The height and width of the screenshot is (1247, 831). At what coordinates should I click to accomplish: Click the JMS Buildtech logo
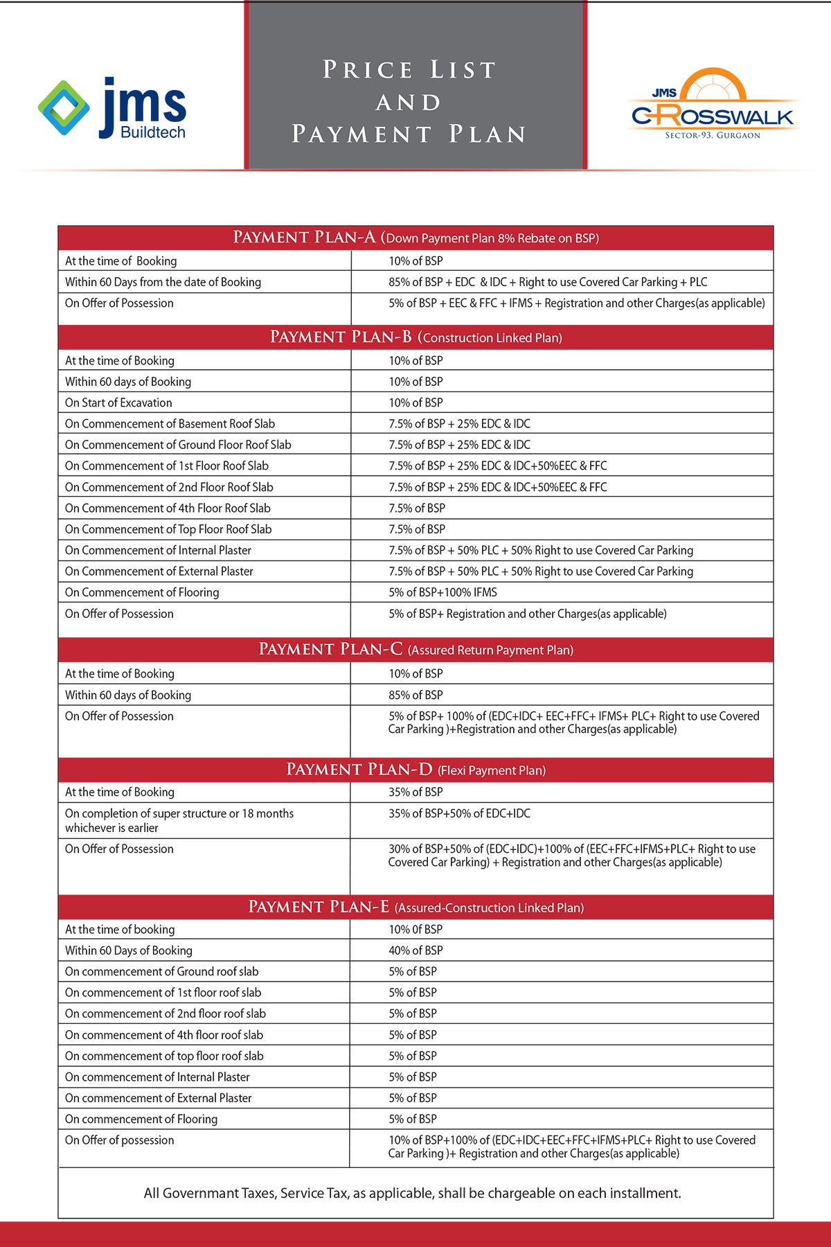point(113,108)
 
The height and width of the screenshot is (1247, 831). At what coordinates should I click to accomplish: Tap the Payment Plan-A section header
point(415,238)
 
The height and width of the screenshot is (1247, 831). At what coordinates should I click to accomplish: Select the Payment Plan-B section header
point(415,337)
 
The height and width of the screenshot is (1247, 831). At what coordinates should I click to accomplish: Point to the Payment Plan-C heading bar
point(415,650)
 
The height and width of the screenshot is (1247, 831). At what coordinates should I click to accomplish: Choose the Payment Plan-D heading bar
point(415,770)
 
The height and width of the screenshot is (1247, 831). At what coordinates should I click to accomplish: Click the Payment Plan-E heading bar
point(415,908)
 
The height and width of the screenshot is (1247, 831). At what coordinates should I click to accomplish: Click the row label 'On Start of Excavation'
point(118,403)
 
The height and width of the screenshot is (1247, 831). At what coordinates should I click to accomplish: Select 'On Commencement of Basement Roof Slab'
point(170,424)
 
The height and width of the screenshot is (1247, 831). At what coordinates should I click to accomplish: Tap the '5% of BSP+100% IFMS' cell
point(443,592)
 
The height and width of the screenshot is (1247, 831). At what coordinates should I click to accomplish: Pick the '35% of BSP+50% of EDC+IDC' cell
point(459,813)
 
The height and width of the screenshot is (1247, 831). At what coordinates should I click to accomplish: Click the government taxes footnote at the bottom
point(412,1193)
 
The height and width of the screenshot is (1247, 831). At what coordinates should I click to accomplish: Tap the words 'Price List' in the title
point(409,70)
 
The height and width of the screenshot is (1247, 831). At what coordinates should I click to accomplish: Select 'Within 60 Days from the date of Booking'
point(163,282)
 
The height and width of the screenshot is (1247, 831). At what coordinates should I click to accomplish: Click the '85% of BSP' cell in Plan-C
point(415,695)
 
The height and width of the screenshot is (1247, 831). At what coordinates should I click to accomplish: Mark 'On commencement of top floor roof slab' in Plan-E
point(164,1056)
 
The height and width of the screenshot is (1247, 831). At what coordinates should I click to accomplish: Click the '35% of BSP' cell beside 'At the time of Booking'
point(415,792)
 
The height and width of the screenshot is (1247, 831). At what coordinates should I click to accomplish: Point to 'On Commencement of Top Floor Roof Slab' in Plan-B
point(168,529)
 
